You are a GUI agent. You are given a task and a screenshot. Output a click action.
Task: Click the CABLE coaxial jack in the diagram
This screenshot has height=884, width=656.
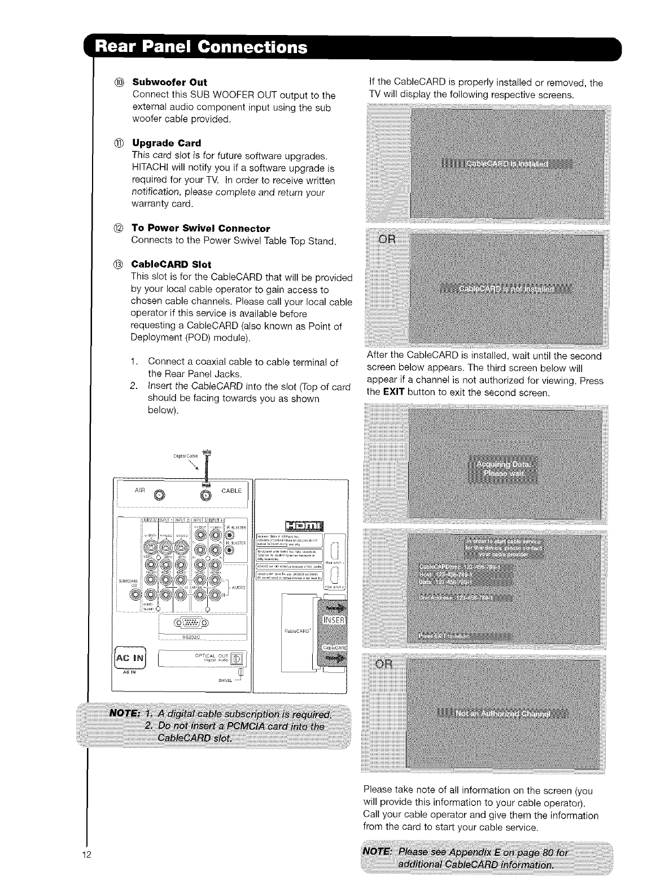point(205,496)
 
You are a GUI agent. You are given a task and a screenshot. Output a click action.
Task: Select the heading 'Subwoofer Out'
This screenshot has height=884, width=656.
point(169,82)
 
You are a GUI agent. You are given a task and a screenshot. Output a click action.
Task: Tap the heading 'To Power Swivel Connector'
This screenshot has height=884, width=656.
point(200,228)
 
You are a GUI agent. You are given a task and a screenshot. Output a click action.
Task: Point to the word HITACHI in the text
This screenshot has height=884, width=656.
point(148,168)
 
